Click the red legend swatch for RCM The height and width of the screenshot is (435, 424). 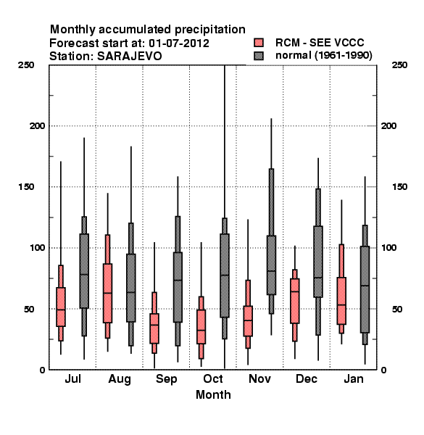click(259, 43)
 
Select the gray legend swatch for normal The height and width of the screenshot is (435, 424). click(259, 56)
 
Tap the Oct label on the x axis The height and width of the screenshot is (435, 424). click(213, 378)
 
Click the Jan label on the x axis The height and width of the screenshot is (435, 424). click(354, 378)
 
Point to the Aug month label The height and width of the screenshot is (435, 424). click(120, 379)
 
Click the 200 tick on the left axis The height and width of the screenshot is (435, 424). click(37, 126)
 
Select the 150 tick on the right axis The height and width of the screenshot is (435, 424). click(399, 187)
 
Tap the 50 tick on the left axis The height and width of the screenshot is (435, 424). click(29, 309)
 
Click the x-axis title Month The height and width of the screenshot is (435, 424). click(213, 395)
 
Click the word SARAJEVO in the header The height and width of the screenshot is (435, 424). click(129, 57)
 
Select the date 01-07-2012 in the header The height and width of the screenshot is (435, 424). click(179, 43)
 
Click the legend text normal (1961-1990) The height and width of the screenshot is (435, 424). click(324, 56)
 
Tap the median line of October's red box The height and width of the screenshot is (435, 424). click(201, 330)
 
